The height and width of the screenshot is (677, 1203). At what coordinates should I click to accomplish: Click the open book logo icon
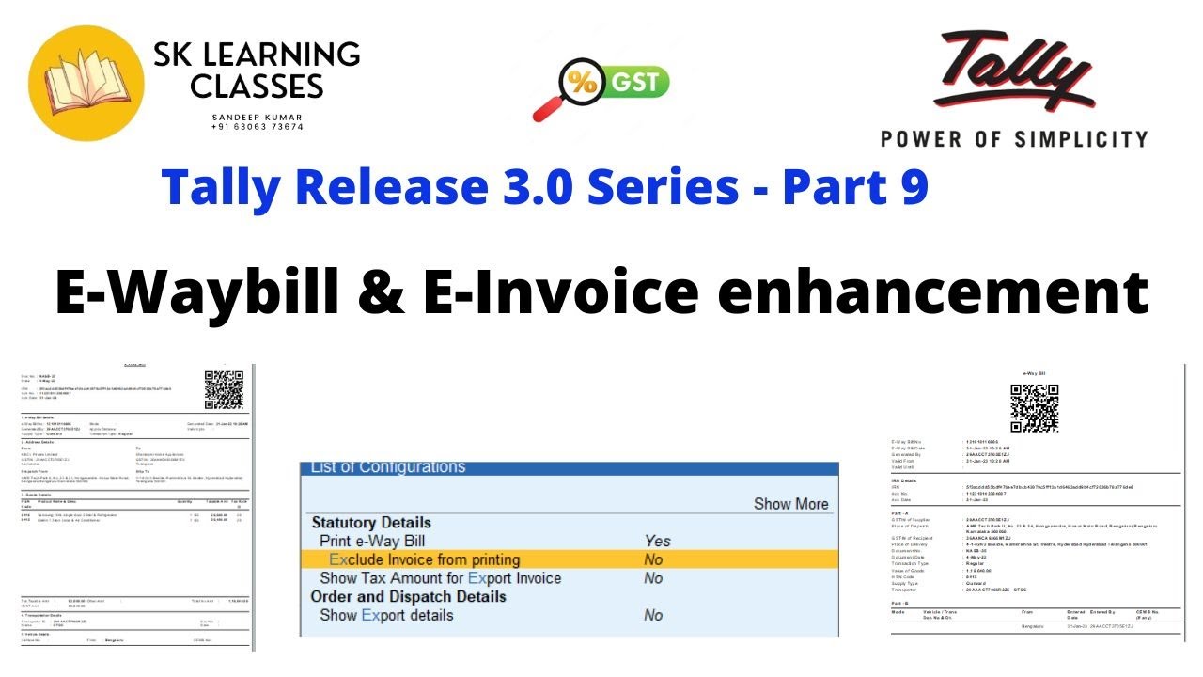tap(86, 82)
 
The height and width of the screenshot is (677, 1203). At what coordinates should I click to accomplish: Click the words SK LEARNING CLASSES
tap(256, 71)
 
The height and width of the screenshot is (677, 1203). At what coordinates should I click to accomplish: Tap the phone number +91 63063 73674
tap(257, 127)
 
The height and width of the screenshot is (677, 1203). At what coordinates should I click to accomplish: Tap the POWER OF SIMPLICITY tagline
tap(1013, 139)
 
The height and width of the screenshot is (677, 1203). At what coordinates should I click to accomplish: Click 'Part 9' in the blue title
tap(855, 186)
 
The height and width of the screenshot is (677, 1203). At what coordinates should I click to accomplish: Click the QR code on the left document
tap(225, 390)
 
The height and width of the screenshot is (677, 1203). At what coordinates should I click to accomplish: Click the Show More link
tap(790, 504)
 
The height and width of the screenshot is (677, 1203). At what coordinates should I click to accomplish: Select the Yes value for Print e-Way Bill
tap(657, 541)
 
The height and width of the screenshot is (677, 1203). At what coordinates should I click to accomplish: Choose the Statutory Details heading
tap(371, 523)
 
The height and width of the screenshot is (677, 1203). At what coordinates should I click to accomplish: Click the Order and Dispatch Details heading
tap(408, 597)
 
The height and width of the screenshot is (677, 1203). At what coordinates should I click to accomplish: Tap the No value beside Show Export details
tap(653, 616)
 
